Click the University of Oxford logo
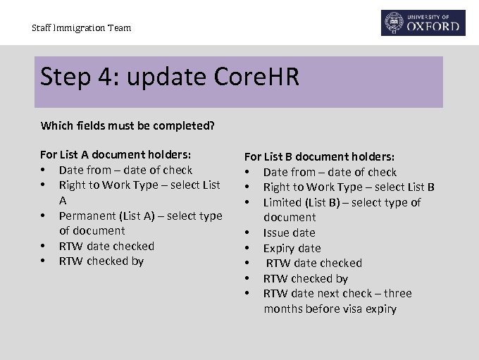pyautogui.click(x=423, y=23)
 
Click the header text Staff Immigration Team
pyautogui.click(x=81, y=28)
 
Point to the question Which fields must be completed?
pyautogui.click(x=127, y=126)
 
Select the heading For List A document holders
pyautogui.click(x=116, y=154)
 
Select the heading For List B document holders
pyautogui.click(x=319, y=156)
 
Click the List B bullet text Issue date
pyautogui.click(x=289, y=232)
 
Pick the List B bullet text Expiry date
pyautogui.click(x=292, y=248)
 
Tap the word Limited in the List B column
pyautogui.click(x=283, y=202)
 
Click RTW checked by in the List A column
pyautogui.click(x=101, y=261)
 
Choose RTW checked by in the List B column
pyautogui.click(x=305, y=278)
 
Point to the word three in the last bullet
pyautogui.click(x=397, y=293)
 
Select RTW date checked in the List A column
pyautogui.click(x=106, y=246)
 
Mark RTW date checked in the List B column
pyautogui.click(x=313, y=263)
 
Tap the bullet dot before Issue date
pyautogui.click(x=247, y=232)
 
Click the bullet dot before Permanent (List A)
pyautogui.click(x=44, y=216)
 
